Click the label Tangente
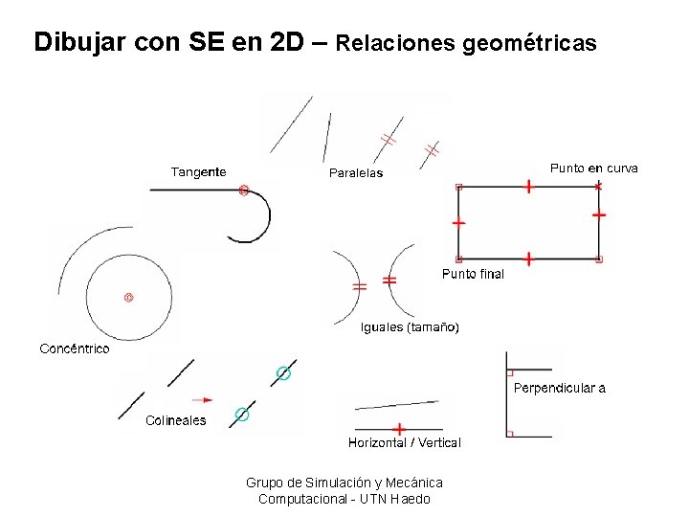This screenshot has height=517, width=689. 198,172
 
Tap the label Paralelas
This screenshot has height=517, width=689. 356,173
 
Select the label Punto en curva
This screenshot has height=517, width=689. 593,169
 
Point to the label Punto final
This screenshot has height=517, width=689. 473,274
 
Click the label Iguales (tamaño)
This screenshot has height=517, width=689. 410,327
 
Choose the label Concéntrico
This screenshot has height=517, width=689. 75,348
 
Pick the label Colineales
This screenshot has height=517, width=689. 175,420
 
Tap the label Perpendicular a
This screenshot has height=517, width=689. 560,388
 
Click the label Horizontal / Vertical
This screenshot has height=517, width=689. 404,442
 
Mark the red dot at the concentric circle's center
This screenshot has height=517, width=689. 128,298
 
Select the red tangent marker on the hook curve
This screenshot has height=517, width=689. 243,191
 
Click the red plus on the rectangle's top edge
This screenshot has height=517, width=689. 528,187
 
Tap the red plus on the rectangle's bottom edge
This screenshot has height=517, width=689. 528,258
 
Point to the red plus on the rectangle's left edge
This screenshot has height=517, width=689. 458,223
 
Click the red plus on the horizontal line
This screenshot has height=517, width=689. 399,429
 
